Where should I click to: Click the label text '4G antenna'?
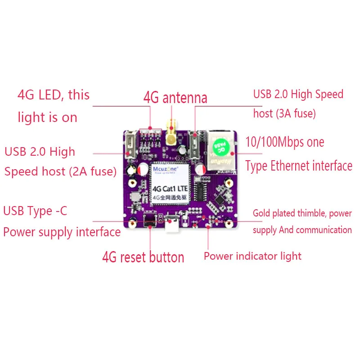click(x=175, y=98)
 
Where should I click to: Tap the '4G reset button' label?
click(x=143, y=257)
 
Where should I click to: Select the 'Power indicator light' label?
click(x=252, y=256)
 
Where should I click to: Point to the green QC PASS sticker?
click(x=220, y=147)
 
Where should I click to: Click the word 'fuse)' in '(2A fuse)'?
click(x=102, y=171)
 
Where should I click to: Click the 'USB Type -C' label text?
click(x=35, y=211)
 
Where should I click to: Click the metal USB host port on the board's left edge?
click(x=131, y=147)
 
